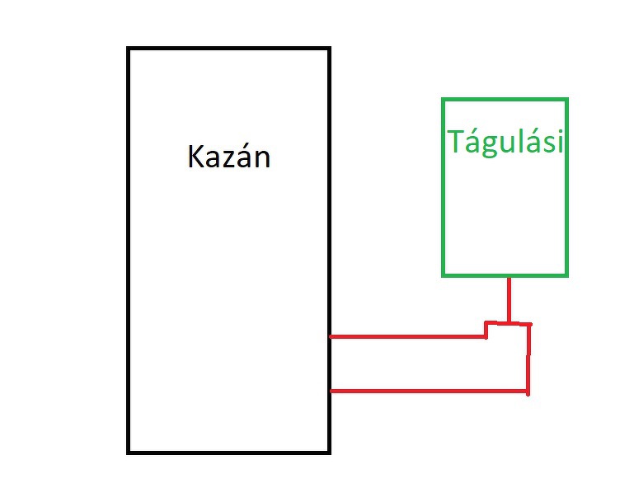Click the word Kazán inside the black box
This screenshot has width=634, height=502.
(229, 156)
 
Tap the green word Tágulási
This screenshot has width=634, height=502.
(505, 142)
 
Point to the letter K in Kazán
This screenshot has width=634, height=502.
(197, 156)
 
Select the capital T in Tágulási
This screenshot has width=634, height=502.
(456, 142)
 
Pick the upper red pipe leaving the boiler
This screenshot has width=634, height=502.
(404, 336)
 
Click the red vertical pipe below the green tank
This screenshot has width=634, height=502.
(509, 298)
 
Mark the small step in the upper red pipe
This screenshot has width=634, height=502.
(486, 330)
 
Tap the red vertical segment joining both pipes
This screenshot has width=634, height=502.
(528, 359)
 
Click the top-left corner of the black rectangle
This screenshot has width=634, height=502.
(129, 49)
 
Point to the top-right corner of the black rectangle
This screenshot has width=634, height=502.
(328, 49)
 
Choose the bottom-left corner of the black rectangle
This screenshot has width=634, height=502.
(129, 452)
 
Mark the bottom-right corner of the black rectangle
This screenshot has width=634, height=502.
(328, 452)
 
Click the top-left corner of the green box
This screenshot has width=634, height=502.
(444, 100)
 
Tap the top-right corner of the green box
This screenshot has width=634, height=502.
(566, 100)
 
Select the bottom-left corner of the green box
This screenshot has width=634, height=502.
(444, 274)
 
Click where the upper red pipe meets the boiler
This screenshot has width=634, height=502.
(331, 336)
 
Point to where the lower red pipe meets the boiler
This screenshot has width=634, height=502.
(331, 391)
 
